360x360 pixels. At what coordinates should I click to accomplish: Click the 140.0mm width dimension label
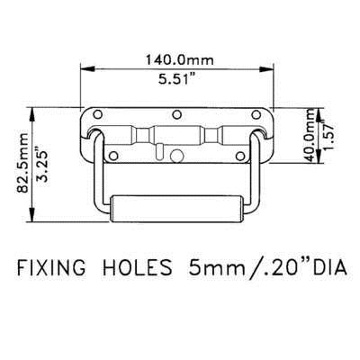(180, 59)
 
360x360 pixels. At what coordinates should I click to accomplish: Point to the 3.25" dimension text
(42, 164)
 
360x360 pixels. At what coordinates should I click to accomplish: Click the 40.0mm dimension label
(311, 136)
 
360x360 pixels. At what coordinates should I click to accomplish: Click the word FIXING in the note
(51, 267)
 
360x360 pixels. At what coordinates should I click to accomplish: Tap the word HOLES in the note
(138, 267)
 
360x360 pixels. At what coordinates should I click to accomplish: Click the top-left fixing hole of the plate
(97, 114)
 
